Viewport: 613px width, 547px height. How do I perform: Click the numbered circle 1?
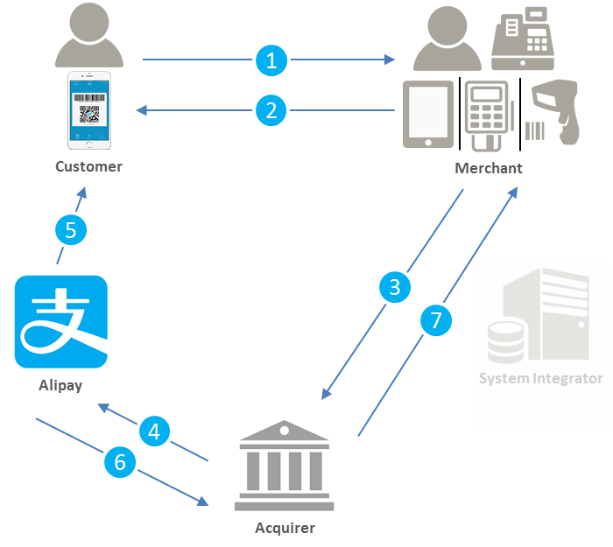271,60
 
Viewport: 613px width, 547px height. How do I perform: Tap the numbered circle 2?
271,110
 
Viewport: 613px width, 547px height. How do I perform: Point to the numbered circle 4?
154,431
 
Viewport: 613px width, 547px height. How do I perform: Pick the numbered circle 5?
71,230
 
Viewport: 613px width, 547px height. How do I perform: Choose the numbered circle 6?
121,461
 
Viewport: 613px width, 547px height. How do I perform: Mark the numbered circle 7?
436,320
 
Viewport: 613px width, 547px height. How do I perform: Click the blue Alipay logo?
61,321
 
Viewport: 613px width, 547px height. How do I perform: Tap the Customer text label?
88,166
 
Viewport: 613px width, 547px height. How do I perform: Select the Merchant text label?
488,168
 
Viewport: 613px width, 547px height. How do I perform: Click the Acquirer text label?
285,528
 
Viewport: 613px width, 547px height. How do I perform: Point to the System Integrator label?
540,378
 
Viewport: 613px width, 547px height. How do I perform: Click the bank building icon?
284,465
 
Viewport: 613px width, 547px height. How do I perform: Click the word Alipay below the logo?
60,385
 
